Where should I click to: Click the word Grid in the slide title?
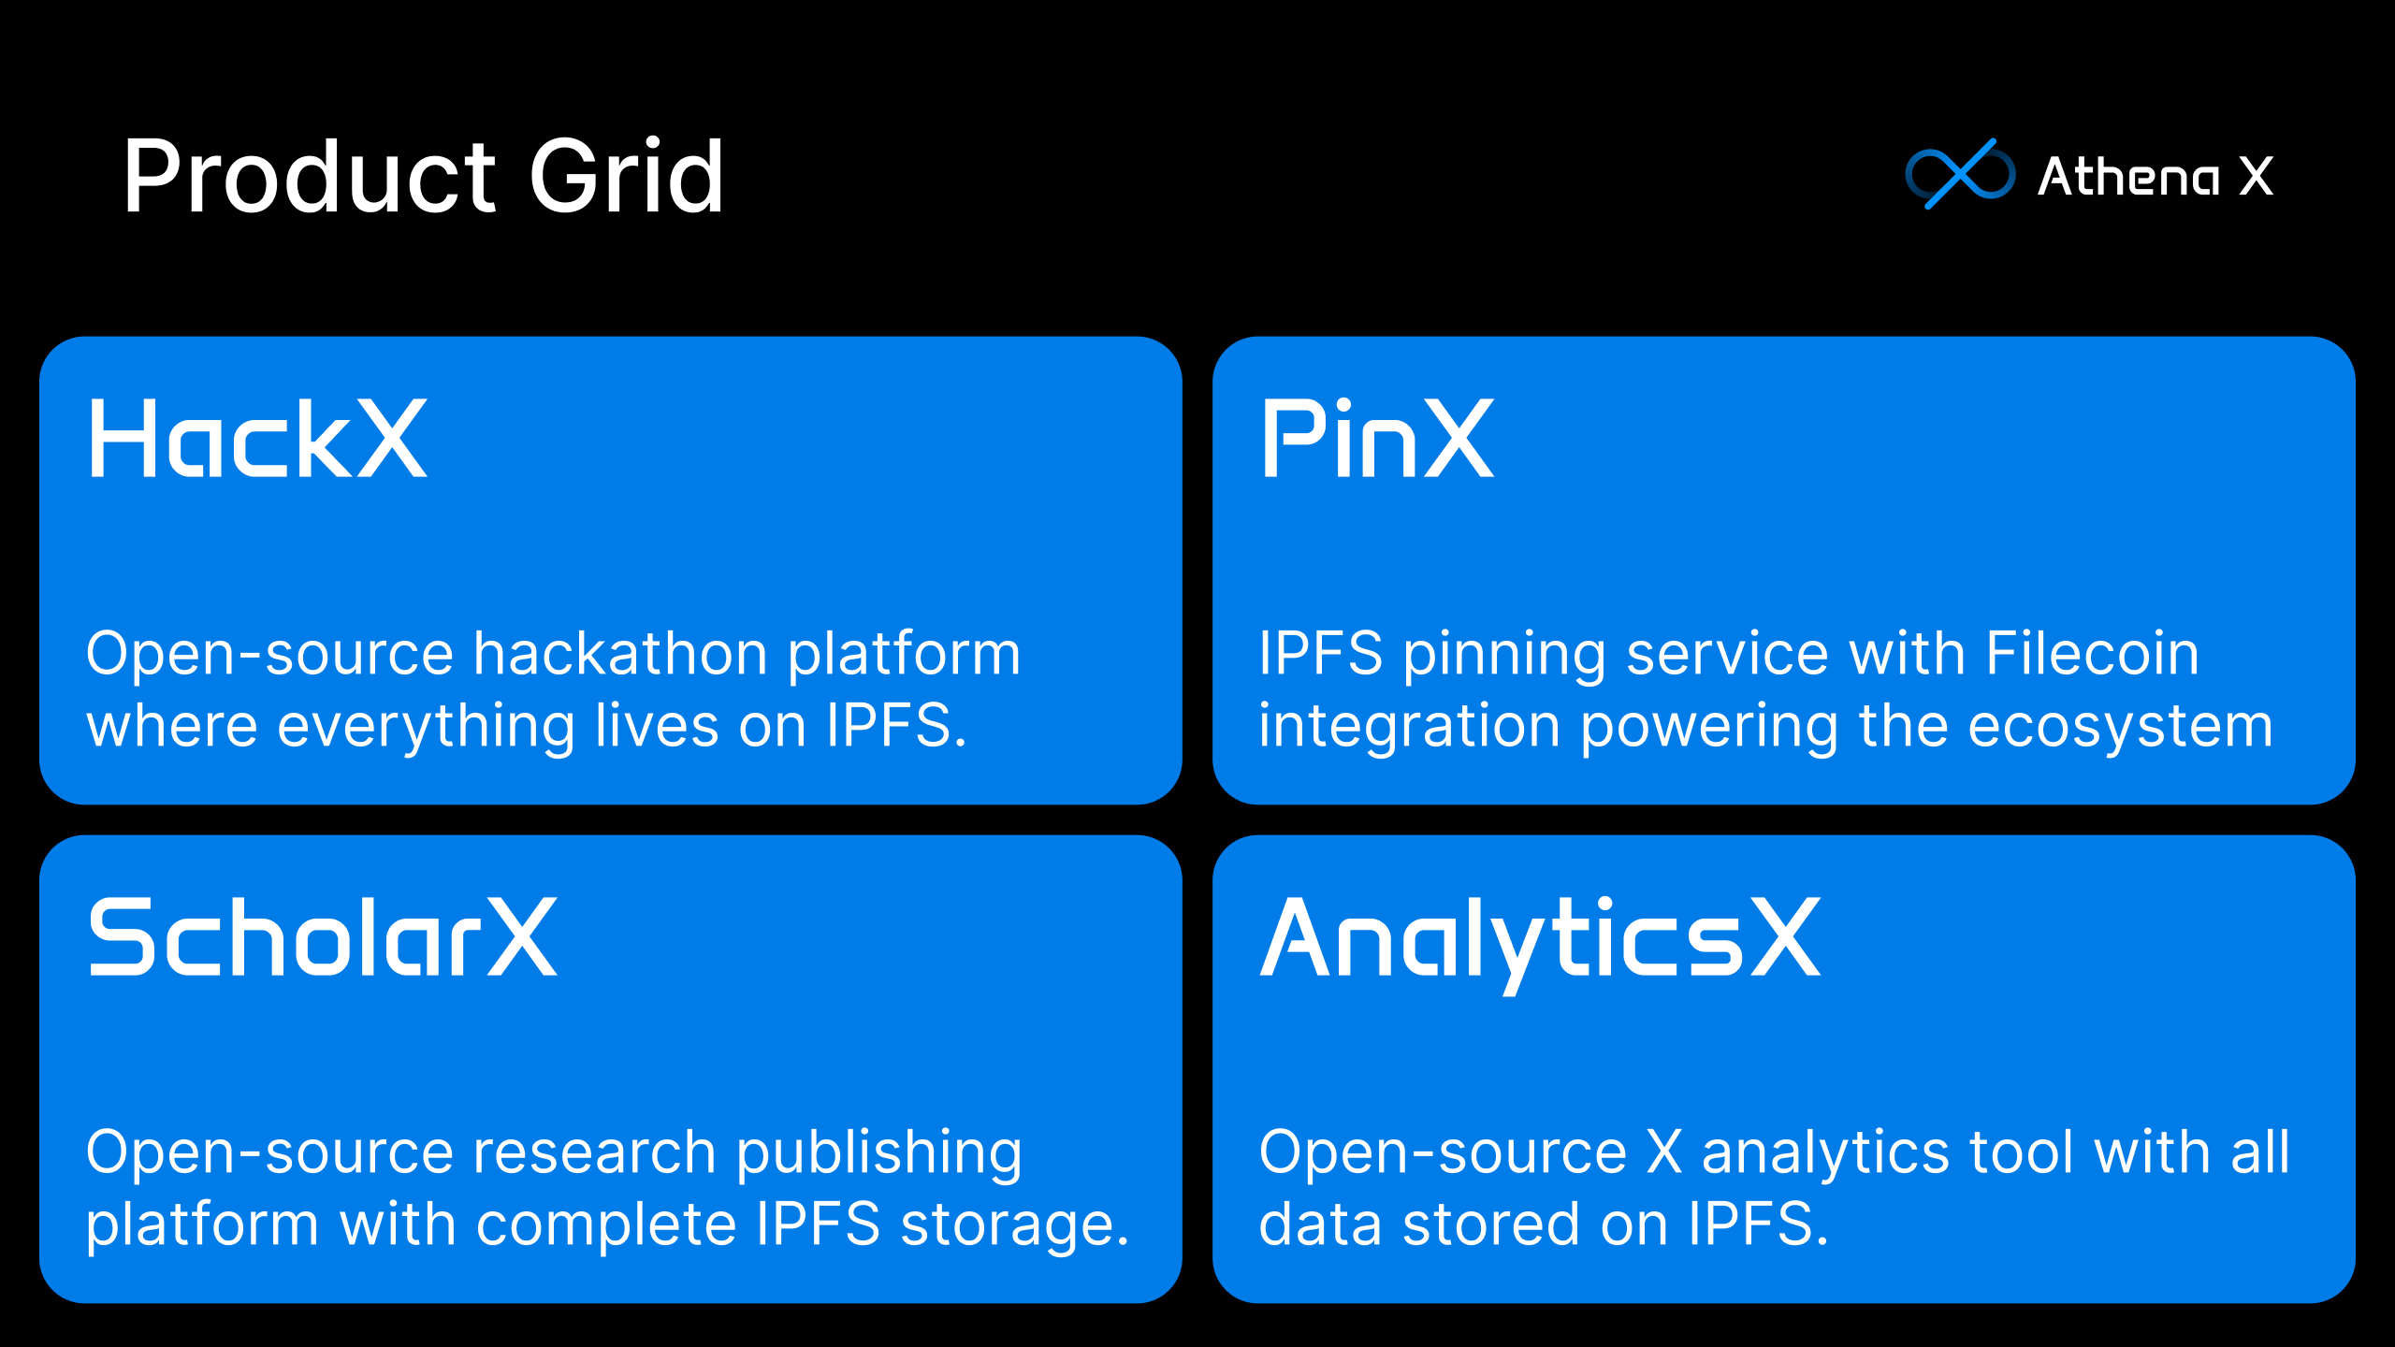click(x=626, y=176)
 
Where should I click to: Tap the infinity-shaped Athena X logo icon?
click(x=1960, y=174)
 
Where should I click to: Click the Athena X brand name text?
click(x=2155, y=176)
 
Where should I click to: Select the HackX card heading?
click(x=257, y=439)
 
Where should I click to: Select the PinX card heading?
click(x=1377, y=439)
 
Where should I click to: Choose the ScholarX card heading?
click(x=323, y=937)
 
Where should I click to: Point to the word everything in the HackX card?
click(x=427, y=727)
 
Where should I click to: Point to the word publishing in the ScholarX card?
click(x=879, y=1153)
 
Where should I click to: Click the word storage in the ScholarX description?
click(x=1014, y=1226)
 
